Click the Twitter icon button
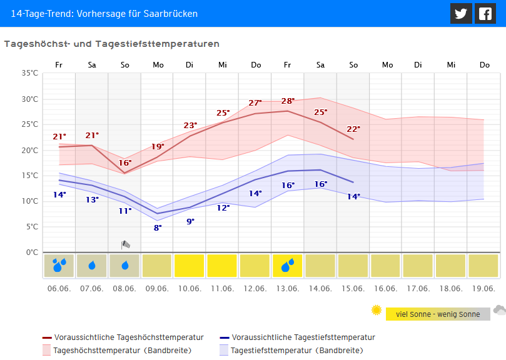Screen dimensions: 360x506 pyautogui.click(x=461, y=13)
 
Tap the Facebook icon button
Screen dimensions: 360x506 pyautogui.click(x=485, y=13)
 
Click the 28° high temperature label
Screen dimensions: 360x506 pyautogui.click(x=288, y=101)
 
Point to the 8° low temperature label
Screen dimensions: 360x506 pyautogui.click(x=158, y=227)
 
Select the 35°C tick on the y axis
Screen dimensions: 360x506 pyautogui.click(x=30, y=73)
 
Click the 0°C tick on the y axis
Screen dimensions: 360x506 pyautogui.click(x=32, y=252)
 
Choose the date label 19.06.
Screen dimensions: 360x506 pyautogui.click(x=483, y=288)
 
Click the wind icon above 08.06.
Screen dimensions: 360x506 pyautogui.click(x=125, y=244)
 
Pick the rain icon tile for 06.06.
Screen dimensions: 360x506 pyautogui.click(x=59, y=266)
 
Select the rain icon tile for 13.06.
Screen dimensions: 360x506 pyautogui.click(x=288, y=266)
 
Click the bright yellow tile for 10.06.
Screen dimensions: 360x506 pyautogui.click(x=190, y=266)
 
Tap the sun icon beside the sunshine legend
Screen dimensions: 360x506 pyautogui.click(x=376, y=310)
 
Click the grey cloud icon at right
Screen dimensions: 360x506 pyautogui.click(x=499, y=309)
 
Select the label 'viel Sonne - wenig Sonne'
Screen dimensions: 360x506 pyautogui.click(x=438, y=314)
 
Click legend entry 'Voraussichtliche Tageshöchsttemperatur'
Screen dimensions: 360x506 pyautogui.click(x=129, y=337)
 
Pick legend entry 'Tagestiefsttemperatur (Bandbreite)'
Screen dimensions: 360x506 pyautogui.click(x=296, y=350)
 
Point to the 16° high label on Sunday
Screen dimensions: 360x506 pyautogui.click(x=125, y=163)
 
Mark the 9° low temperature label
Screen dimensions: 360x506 pyautogui.click(x=190, y=221)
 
